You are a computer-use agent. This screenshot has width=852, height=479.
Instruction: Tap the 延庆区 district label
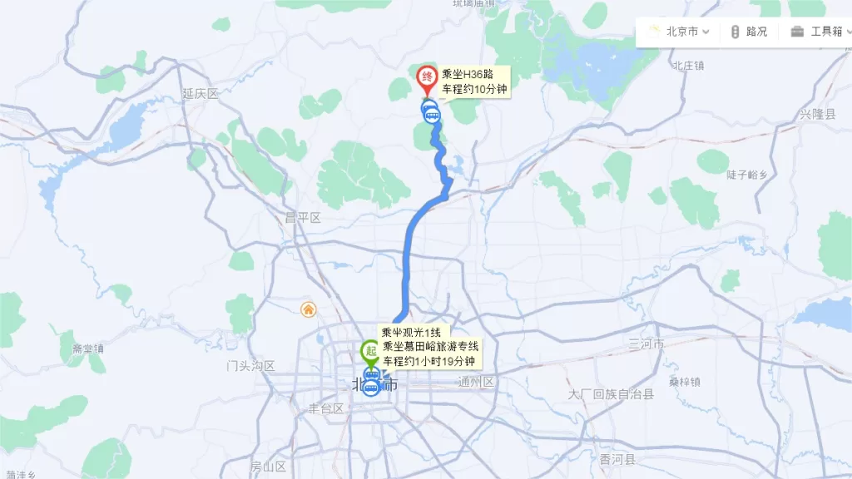pyautogui.click(x=200, y=94)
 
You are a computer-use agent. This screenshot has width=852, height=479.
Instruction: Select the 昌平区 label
pyautogui.click(x=303, y=218)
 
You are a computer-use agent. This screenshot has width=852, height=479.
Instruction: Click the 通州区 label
pyautogui.click(x=477, y=383)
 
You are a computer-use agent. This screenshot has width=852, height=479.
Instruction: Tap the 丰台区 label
pyautogui.click(x=326, y=408)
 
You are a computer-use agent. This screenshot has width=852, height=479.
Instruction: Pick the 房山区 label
pyautogui.click(x=268, y=467)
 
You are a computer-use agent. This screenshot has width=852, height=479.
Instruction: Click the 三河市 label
pyautogui.click(x=646, y=344)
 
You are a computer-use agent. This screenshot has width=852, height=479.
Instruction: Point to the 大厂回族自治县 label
pyautogui.click(x=612, y=394)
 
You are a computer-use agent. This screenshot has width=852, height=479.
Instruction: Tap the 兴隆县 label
pyautogui.click(x=817, y=114)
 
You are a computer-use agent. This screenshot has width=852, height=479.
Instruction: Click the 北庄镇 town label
pyautogui.click(x=688, y=65)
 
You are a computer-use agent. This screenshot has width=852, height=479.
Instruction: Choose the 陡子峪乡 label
pyautogui.click(x=746, y=175)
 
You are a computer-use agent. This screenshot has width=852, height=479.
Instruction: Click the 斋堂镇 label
pyautogui.click(x=88, y=348)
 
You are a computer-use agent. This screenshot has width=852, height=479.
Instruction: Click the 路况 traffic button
pyautogui.click(x=749, y=32)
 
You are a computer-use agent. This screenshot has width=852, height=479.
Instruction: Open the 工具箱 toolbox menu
pyautogui.click(x=817, y=32)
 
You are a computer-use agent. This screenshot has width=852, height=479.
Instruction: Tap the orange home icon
pyautogui.click(x=308, y=309)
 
